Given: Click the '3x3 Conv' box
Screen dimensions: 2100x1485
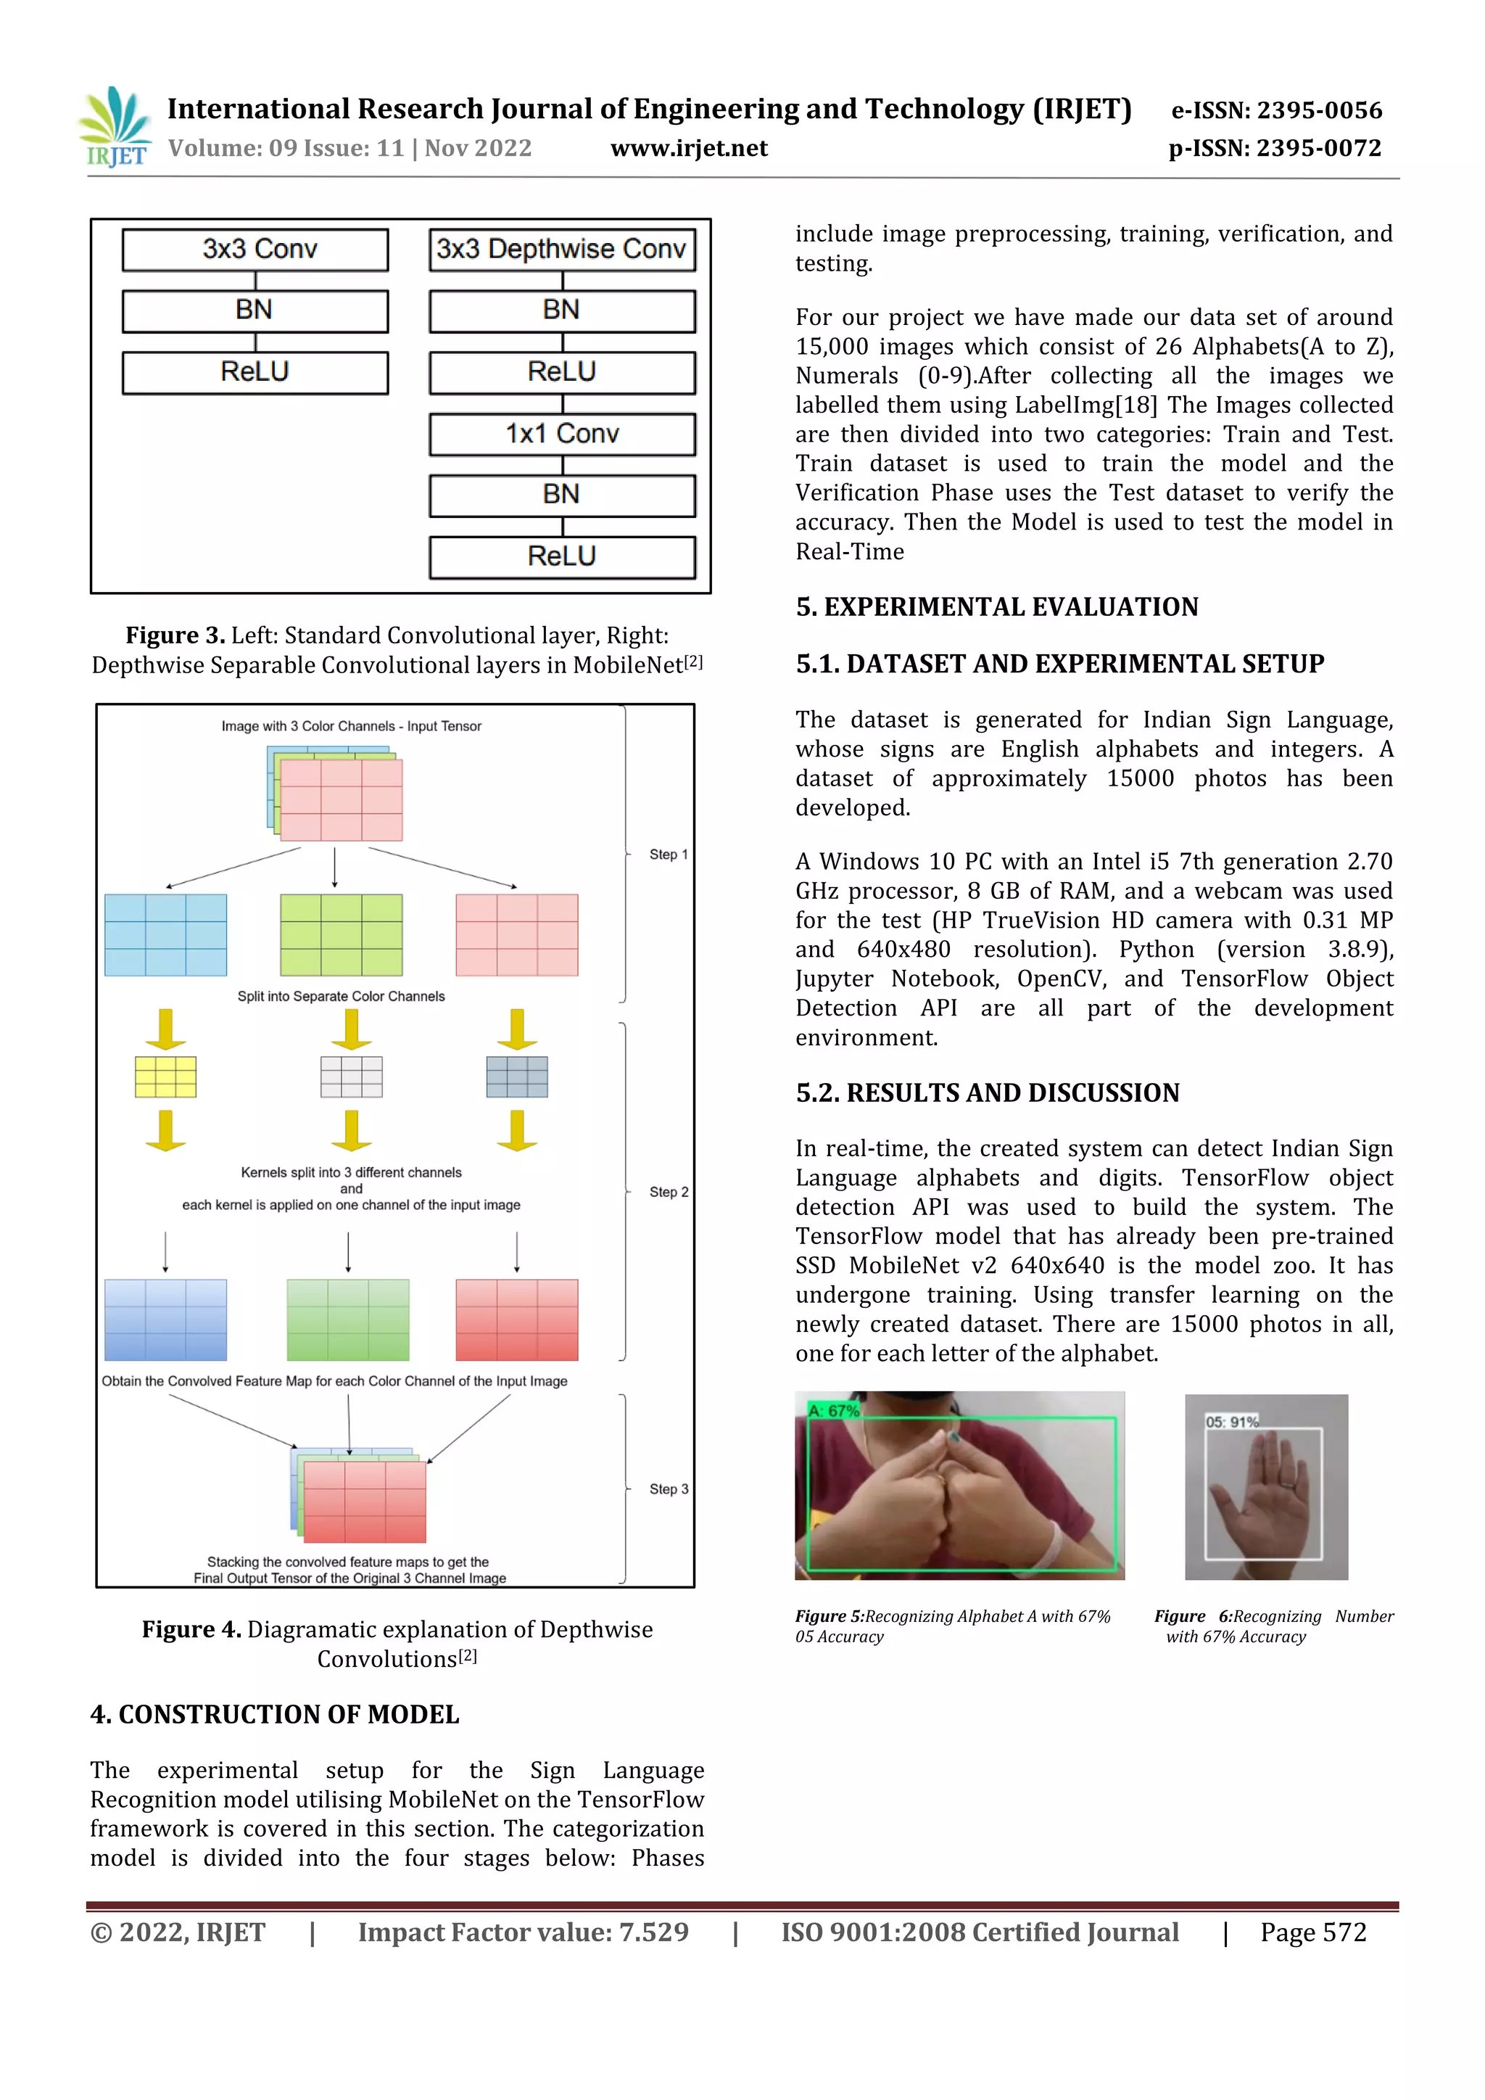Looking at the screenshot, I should pos(255,250).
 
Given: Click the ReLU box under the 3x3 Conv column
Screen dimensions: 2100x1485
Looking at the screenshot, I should pos(255,372).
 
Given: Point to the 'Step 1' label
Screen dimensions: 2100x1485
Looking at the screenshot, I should pos(668,855).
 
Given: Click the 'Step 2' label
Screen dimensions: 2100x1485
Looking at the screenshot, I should pos(668,1192).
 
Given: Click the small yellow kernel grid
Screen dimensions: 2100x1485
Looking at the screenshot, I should pos(165,1076).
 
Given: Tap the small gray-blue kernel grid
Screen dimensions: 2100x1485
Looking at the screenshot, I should pos(517,1076).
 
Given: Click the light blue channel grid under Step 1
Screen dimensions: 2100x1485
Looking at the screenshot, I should pos(165,935).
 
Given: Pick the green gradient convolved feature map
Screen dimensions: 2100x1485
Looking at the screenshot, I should pos(347,1319).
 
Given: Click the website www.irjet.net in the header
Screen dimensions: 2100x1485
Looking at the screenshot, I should pos(689,148).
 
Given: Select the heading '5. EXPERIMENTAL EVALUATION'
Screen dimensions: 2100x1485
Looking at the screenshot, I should pos(997,607).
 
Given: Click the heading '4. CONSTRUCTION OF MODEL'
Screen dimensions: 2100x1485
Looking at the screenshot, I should pos(274,1715).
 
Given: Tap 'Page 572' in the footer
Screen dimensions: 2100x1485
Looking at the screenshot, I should pos(1313,1932).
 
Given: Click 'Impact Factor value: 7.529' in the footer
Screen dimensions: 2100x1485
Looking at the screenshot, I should pos(523,1932).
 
